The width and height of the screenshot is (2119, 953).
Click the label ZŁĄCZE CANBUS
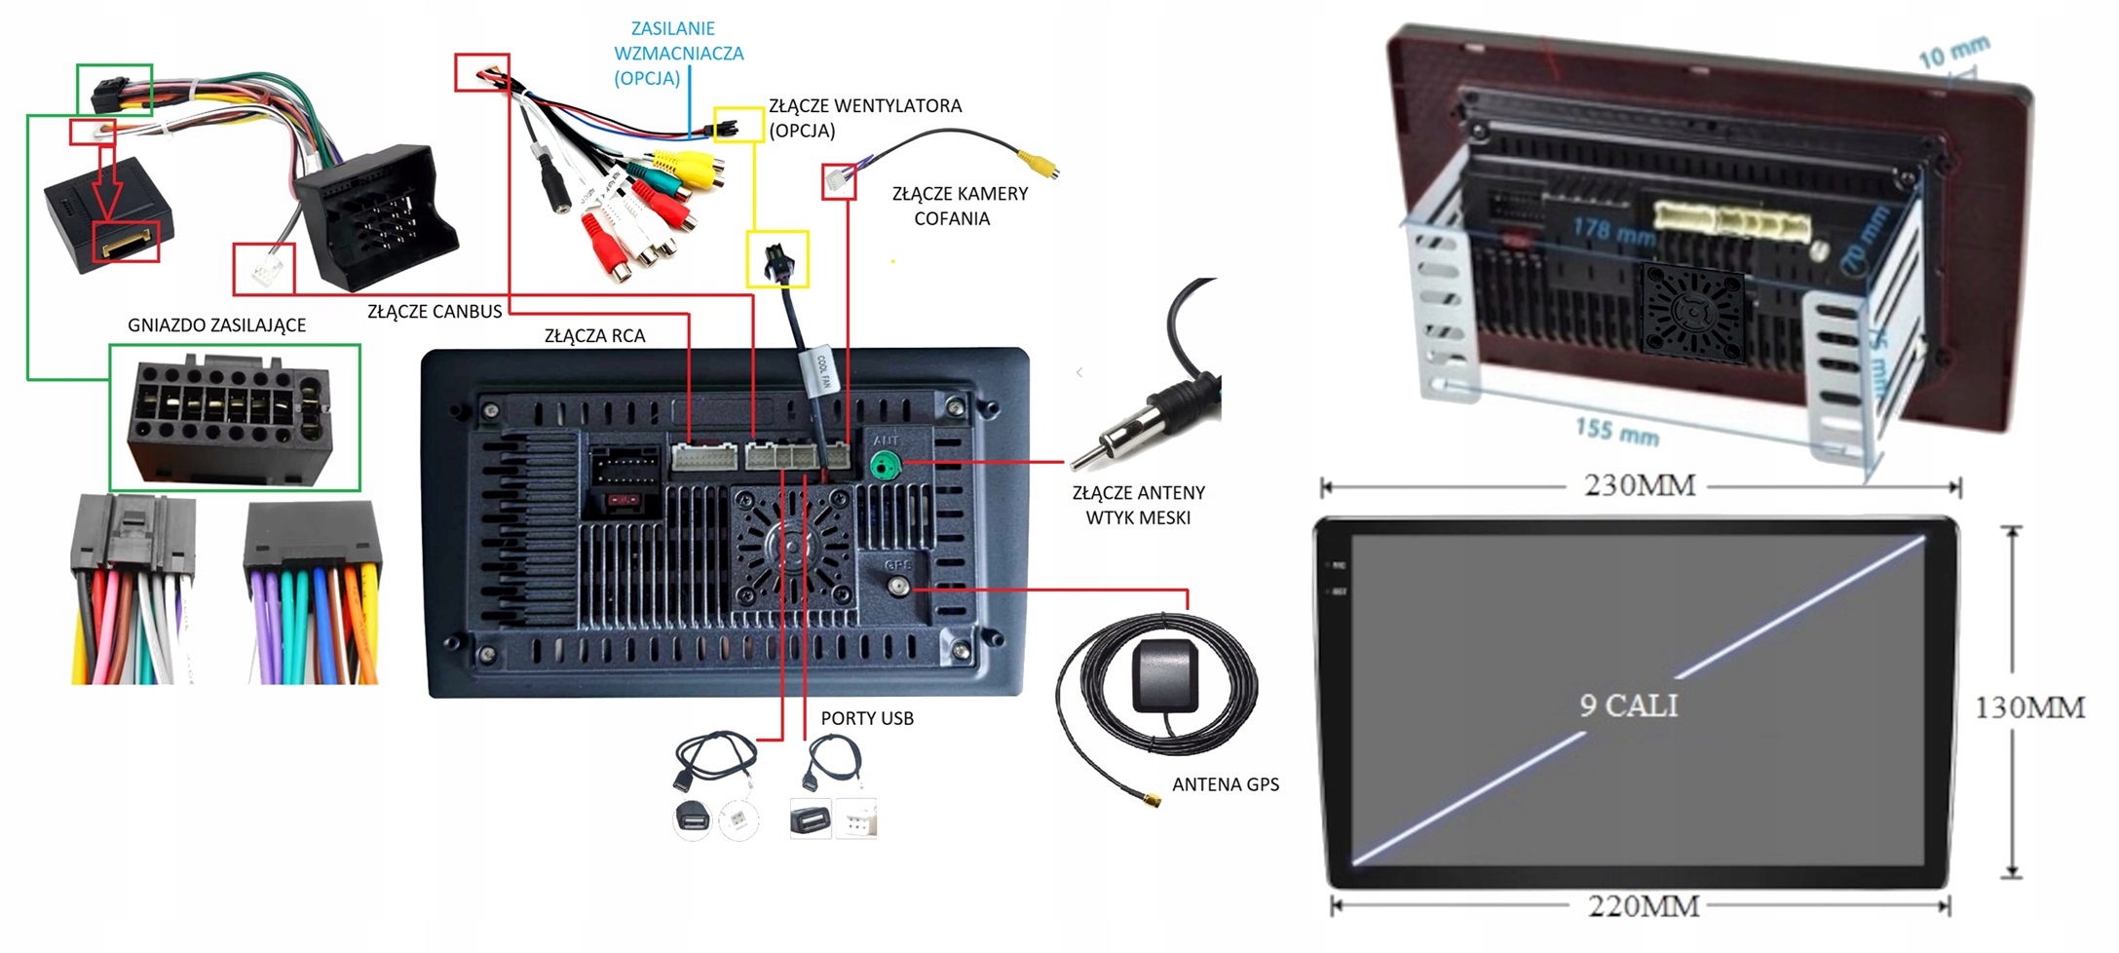[x=435, y=312]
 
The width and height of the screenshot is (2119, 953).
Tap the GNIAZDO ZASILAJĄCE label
[x=216, y=325]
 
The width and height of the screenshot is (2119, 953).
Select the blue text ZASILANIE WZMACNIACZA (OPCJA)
[x=678, y=54]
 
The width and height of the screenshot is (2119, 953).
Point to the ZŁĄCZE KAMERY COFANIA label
[x=959, y=206]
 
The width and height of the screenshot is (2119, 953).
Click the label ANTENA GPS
[x=1225, y=784]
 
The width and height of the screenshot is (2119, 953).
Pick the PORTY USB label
[x=866, y=718]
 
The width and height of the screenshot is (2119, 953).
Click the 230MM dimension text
[x=1640, y=485]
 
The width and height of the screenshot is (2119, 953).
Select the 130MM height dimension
[x=2029, y=707]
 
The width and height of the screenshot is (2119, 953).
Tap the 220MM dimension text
[x=1644, y=907]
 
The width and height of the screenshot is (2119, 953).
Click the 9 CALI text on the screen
[x=1629, y=705]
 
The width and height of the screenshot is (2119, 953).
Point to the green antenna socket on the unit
[x=884, y=467]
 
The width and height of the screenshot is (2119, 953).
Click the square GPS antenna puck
[x=1165, y=675]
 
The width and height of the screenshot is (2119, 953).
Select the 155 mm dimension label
[x=1616, y=431]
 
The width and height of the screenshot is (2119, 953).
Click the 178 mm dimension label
[x=1613, y=231]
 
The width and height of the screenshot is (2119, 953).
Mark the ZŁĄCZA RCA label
[x=594, y=336]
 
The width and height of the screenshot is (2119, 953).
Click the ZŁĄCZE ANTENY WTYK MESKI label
[x=1138, y=505]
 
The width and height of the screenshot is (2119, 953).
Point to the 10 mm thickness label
[x=1953, y=52]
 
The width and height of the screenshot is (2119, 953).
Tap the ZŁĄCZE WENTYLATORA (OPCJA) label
[x=864, y=118]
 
